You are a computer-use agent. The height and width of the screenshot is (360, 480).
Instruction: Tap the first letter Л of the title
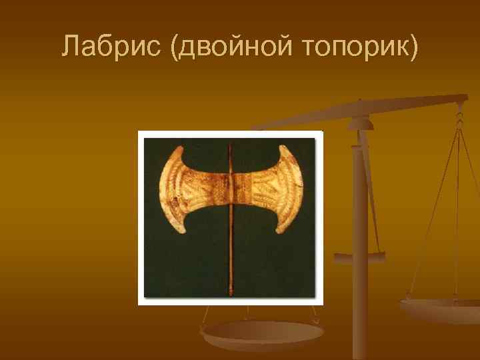point(70,45)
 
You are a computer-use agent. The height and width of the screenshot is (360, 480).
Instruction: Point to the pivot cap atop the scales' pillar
point(360,120)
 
